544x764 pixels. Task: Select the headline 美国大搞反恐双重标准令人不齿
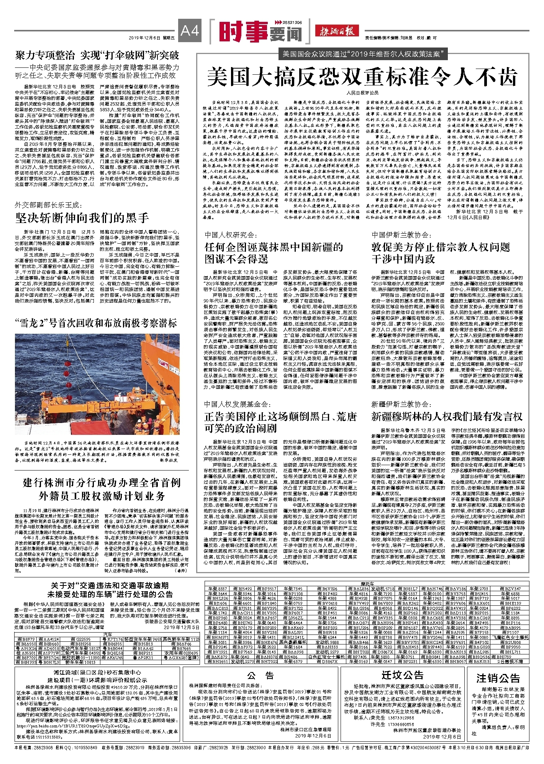[x=362, y=77]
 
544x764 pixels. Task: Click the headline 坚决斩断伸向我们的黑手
[x=82, y=218]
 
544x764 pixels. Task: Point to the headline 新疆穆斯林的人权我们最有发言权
[x=447, y=416]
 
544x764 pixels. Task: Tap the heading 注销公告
[x=498, y=678]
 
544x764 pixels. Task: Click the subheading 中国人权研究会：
[x=230, y=235]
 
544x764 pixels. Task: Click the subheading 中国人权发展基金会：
[x=238, y=404]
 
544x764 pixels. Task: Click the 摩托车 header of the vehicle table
[x=367, y=584]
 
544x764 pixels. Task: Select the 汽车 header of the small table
[x=107, y=635]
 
